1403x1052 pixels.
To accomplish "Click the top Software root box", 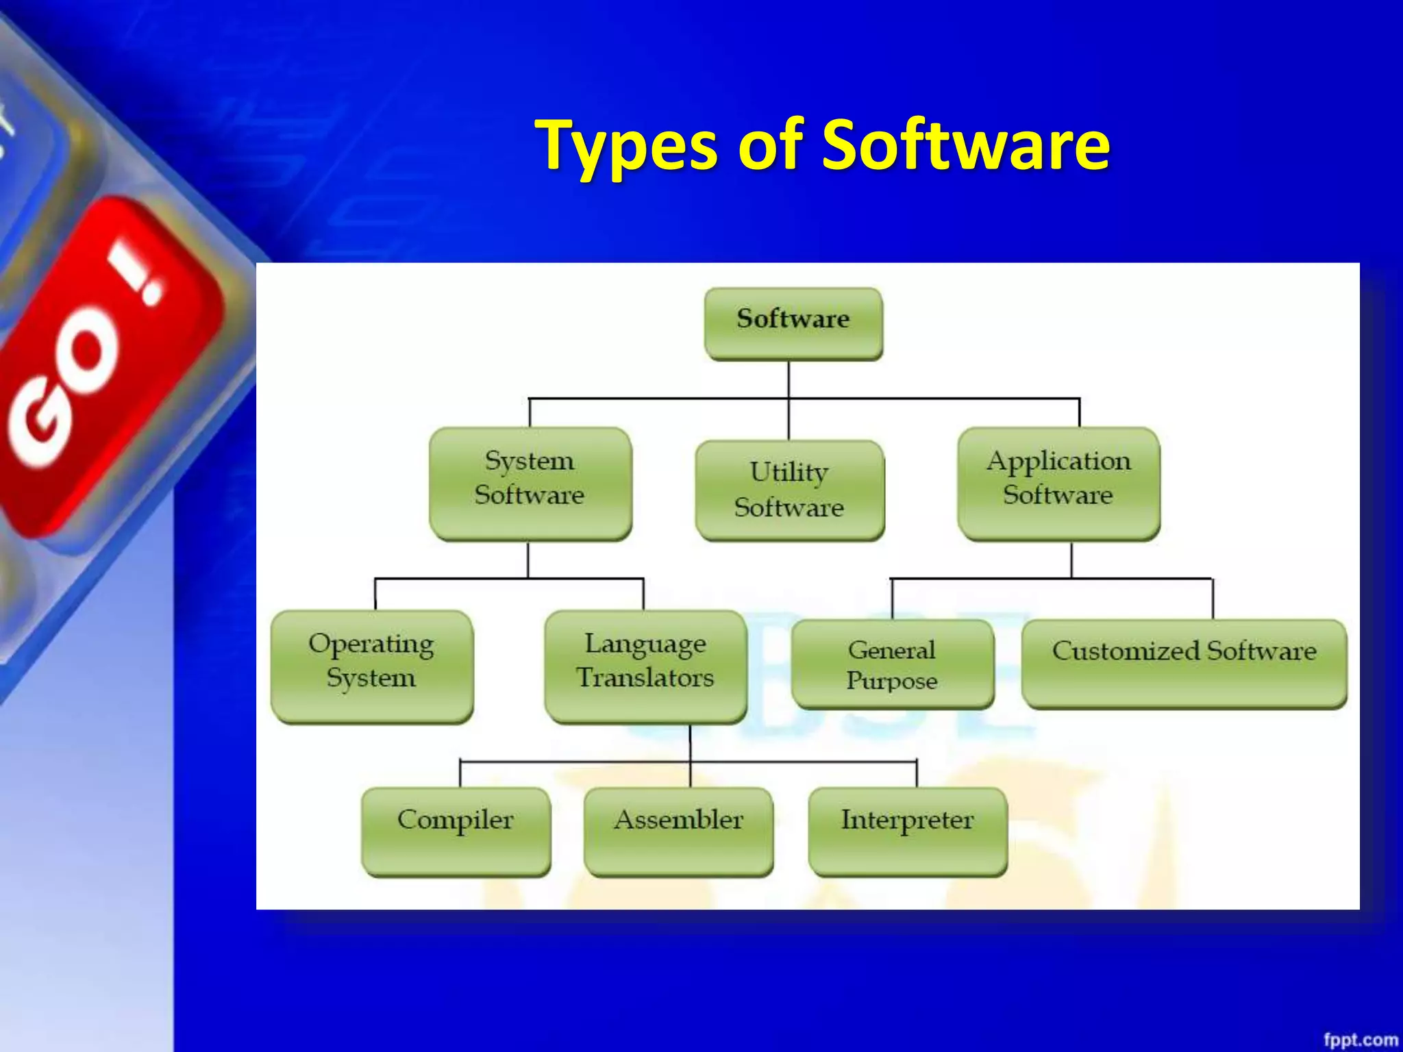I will pyautogui.click(x=793, y=323).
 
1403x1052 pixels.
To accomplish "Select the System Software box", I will pyautogui.click(x=530, y=484).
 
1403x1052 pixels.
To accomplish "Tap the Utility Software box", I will pyautogui.click(x=789, y=490).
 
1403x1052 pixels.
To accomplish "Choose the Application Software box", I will pyautogui.click(x=1058, y=484).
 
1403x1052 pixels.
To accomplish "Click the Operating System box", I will pyautogui.click(x=371, y=666).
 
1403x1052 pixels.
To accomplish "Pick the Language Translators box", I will pyautogui.click(x=645, y=666).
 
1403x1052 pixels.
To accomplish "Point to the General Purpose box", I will pyautogui.click(x=892, y=664).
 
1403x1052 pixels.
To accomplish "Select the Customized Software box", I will pyautogui.click(x=1184, y=663).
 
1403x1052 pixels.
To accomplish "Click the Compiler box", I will pyautogui.click(x=456, y=831).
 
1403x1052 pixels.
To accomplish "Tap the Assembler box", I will pyautogui.click(x=678, y=831).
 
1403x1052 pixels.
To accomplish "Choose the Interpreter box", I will pyautogui.click(x=907, y=831).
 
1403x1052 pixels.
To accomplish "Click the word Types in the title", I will pyautogui.click(x=627, y=145).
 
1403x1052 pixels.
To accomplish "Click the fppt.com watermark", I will pyautogui.click(x=1360, y=1040).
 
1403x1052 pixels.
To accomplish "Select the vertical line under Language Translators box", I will pyautogui.click(x=690, y=742).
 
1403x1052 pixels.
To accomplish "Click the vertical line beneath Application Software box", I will pyautogui.click(x=1071, y=560).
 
